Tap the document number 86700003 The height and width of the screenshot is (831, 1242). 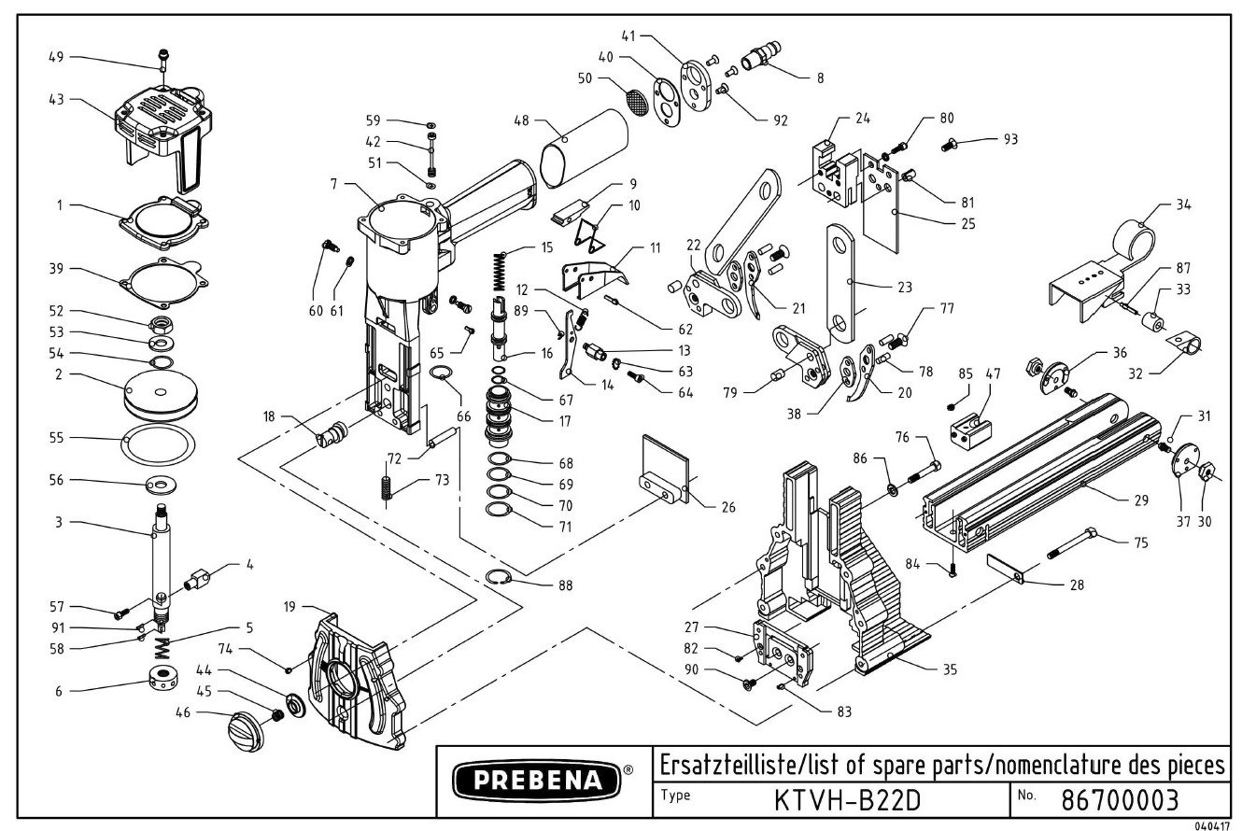1121,800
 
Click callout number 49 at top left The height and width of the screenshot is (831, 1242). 57,57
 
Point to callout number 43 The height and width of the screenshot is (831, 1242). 57,99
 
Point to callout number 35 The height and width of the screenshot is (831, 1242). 950,669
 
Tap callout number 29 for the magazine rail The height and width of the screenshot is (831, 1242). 1140,501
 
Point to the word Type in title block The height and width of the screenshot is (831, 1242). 675,796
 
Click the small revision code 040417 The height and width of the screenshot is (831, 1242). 1212,825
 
